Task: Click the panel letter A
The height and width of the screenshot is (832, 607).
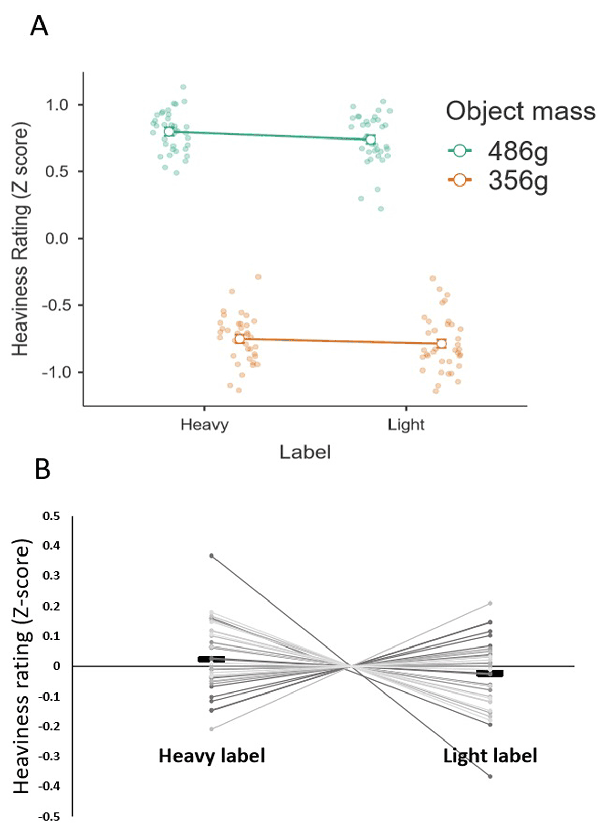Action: click(39, 26)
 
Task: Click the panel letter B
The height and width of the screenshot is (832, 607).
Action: click(42, 470)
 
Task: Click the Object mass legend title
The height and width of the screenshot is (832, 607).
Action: click(521, 111)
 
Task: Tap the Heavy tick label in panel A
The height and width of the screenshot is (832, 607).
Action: click(204, 424)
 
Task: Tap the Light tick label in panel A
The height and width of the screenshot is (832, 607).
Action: click(406, 424)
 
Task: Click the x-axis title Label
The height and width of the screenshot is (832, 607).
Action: click(305, 452)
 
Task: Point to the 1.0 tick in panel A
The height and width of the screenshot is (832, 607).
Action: click(57, 105)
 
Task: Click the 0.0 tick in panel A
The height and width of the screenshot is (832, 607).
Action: click(57, 238)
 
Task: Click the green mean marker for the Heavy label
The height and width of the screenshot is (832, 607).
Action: click(169, 132)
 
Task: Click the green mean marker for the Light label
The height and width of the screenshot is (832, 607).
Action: click(371, 140)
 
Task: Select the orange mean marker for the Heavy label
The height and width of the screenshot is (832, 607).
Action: click(239, 339)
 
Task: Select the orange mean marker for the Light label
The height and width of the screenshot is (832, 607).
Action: click(441, 344)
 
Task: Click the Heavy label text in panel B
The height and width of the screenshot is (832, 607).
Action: click(211, 756)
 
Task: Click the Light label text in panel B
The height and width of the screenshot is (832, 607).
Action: click(490, 756)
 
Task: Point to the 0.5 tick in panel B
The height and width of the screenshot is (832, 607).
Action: click(51, 516)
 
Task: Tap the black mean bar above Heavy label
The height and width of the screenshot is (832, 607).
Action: click(211, 659)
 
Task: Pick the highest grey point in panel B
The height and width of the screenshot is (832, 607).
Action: click(212, 556)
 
